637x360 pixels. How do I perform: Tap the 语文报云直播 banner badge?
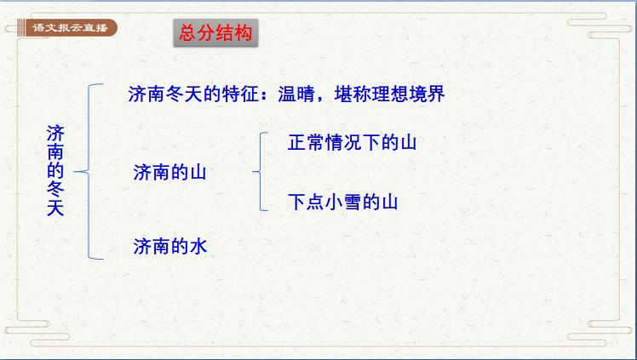pos(63,28)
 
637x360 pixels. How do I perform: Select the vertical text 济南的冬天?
pos(55,170)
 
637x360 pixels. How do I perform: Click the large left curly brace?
pos(88,170)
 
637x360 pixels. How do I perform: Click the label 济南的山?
pos(170,172)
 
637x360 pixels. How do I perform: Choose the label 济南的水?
pos(170,247)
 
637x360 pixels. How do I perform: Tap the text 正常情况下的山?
pos(352,142)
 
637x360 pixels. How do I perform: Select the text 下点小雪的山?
pos(342,202)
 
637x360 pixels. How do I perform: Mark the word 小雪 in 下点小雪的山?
pos(342,202)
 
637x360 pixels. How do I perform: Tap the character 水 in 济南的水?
pos(198,247)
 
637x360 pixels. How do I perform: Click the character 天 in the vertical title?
pos(55,207)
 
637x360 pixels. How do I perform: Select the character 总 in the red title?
pos(187,33)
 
